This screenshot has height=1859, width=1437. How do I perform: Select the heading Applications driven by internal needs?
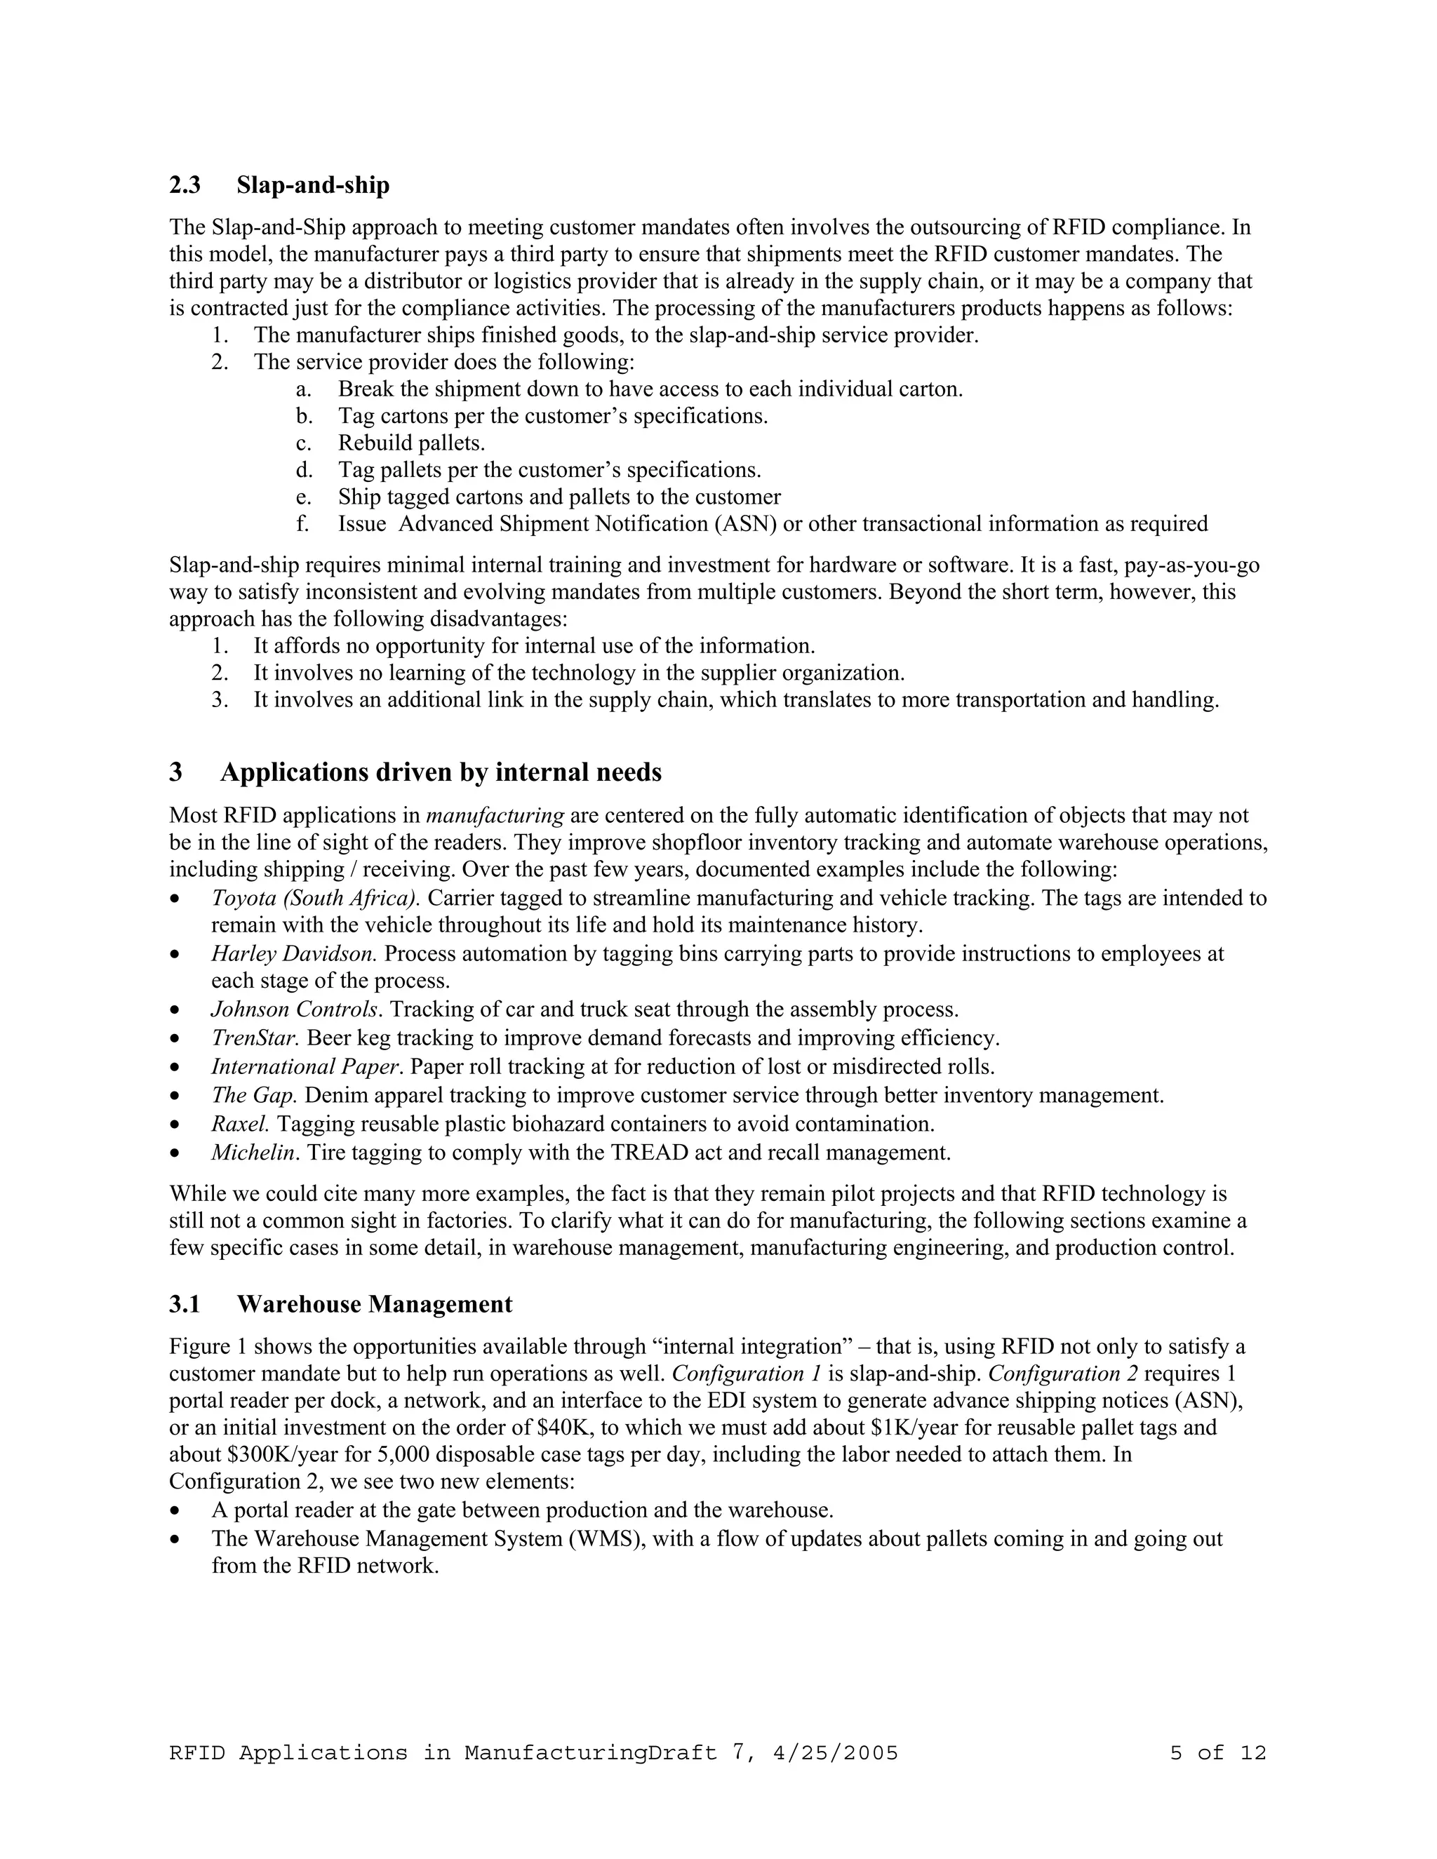coord(440,772)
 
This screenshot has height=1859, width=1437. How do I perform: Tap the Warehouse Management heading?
coord(375,1304)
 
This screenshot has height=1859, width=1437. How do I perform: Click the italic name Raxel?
coord(240,1124)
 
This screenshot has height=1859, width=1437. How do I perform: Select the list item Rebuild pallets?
coord(411,443)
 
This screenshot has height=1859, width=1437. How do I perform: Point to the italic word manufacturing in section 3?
coord(495,815)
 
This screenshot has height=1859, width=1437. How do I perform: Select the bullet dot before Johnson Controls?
coord(175,1010)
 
